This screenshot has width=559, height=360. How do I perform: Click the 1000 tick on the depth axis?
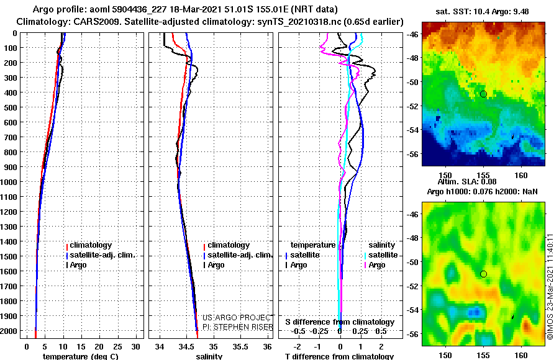[11, 182]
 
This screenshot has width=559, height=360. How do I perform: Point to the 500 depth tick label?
[11, 107]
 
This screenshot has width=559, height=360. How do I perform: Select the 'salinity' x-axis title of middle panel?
[209, 356]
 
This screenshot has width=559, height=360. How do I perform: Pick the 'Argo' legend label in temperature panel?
[79, 265]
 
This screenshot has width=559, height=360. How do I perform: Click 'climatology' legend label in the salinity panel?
[229, 245]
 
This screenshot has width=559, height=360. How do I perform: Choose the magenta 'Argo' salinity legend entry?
[376, 265]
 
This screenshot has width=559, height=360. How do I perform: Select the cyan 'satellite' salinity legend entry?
[383, 255]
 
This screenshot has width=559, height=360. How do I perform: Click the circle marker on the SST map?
[483, 94]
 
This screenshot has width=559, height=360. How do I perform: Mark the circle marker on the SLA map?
[483, 274]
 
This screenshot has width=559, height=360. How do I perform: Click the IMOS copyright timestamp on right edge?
[550, 286]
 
